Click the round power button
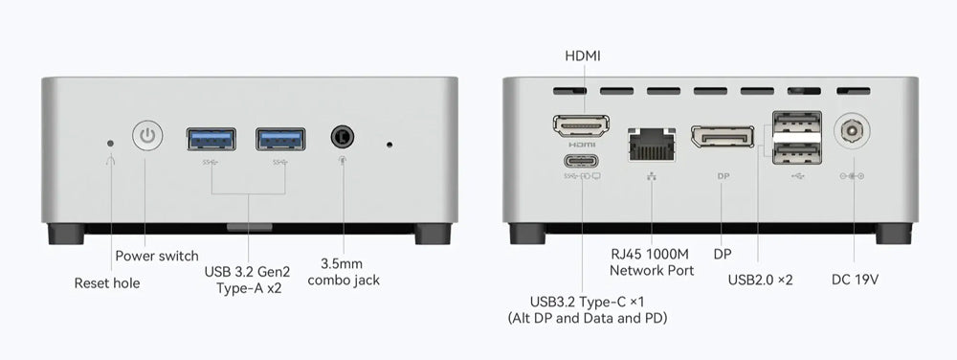tap(147, 135)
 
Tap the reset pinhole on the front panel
tap(110, 144)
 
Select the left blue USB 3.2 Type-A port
tap(211, 139)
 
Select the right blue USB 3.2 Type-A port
tap(280, 139)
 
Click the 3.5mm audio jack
tap(343, 136)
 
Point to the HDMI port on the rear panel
tap(582, 124)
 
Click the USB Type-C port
tap(582, 162)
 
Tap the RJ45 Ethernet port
tap(652, 145)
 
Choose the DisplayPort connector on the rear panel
tap(722, 136)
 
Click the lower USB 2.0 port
tap(796, 153)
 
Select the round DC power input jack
tap(852, 130)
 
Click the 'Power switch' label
tap(157, 257)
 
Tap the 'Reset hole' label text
tap(107, 283)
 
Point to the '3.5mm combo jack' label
tap(344, 272)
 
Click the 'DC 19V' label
tap(855, 281)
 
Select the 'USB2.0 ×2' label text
tap(761, 281)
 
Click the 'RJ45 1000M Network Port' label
tap(652, 261)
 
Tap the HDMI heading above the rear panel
tap(583, 56)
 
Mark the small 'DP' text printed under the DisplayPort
tap(723, 176)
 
